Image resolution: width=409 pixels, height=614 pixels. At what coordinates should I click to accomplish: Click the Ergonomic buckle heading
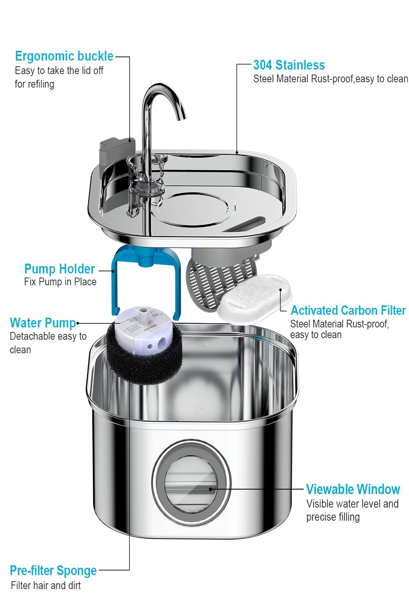point(64,56)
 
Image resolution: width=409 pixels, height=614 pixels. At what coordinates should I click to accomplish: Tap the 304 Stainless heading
point(289,65)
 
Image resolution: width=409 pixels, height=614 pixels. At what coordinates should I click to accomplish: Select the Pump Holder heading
point(59,269)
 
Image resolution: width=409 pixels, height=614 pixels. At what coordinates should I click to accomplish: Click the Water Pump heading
point(43,323)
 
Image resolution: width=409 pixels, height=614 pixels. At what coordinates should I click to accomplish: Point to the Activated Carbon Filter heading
point(348,311)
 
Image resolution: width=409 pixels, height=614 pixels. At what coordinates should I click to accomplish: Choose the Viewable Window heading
point(353,490)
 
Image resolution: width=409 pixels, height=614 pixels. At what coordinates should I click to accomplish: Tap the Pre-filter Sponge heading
point(53,571)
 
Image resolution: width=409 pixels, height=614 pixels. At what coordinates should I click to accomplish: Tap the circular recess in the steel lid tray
point(192,209)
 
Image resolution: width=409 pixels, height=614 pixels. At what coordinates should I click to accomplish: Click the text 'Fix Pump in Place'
point(60,282)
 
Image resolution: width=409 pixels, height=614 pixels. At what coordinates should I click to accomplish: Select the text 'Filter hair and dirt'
point(46,585)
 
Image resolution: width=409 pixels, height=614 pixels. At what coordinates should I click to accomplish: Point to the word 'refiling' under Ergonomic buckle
point(40,84)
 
